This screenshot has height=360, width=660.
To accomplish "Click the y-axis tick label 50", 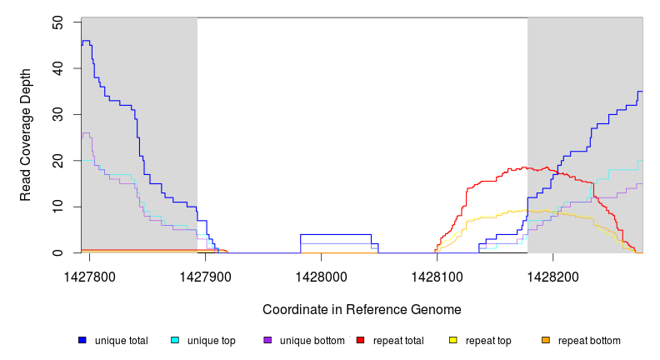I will (x=58, y=22).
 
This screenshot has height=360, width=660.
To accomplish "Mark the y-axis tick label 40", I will (x=58, y=67).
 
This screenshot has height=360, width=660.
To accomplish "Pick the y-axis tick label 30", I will (x=58, y=114).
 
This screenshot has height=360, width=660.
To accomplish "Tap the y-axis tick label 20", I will (x=58, y=160).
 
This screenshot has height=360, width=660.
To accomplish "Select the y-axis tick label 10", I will (x=58, y=207).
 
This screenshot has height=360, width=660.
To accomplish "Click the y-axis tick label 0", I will (x=58, y=252).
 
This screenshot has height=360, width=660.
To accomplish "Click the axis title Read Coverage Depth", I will (x=26, y=136).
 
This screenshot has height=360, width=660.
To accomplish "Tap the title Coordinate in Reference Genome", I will (x=362, y=309).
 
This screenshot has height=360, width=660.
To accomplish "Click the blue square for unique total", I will (x=82, y=341).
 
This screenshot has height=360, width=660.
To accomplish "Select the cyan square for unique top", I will (x=175, y=341).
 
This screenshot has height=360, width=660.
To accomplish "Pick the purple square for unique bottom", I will (x=267, y=341).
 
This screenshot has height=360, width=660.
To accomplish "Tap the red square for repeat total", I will (x=360, y=341).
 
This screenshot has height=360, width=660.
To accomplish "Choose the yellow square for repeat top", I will (x=452, y=341).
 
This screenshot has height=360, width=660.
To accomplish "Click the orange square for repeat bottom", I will (x=546, y=341).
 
